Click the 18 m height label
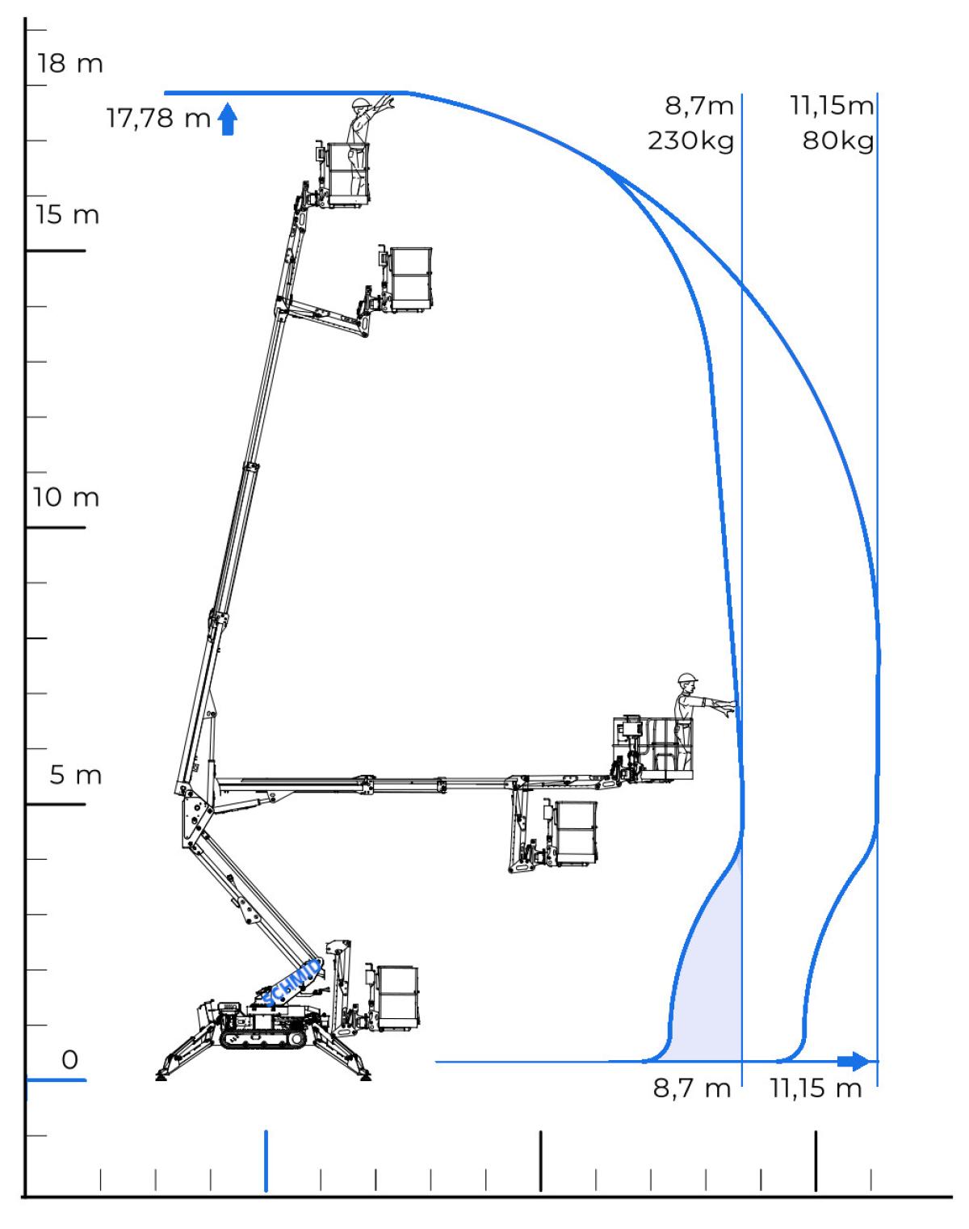click(x=69, y=64)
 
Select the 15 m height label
click(x=67, y=215)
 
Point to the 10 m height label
click(x=66, y=497)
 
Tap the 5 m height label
click(x=76, y=776)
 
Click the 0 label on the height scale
click(x=70, y=1059)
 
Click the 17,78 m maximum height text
click(x=158, y=119)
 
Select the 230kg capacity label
click(x=690, y=141)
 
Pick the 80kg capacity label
click(x=838, y=141)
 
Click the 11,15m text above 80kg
click(x=831, y=105)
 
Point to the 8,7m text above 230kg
click(x=699, y=105)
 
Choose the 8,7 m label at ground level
click(x=692, y=1088)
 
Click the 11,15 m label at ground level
click(x=816, y=1088)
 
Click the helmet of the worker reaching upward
click(x=361, y=103)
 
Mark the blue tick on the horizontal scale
click(x=266, y=1160)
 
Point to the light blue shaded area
click(x=711, y=986)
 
